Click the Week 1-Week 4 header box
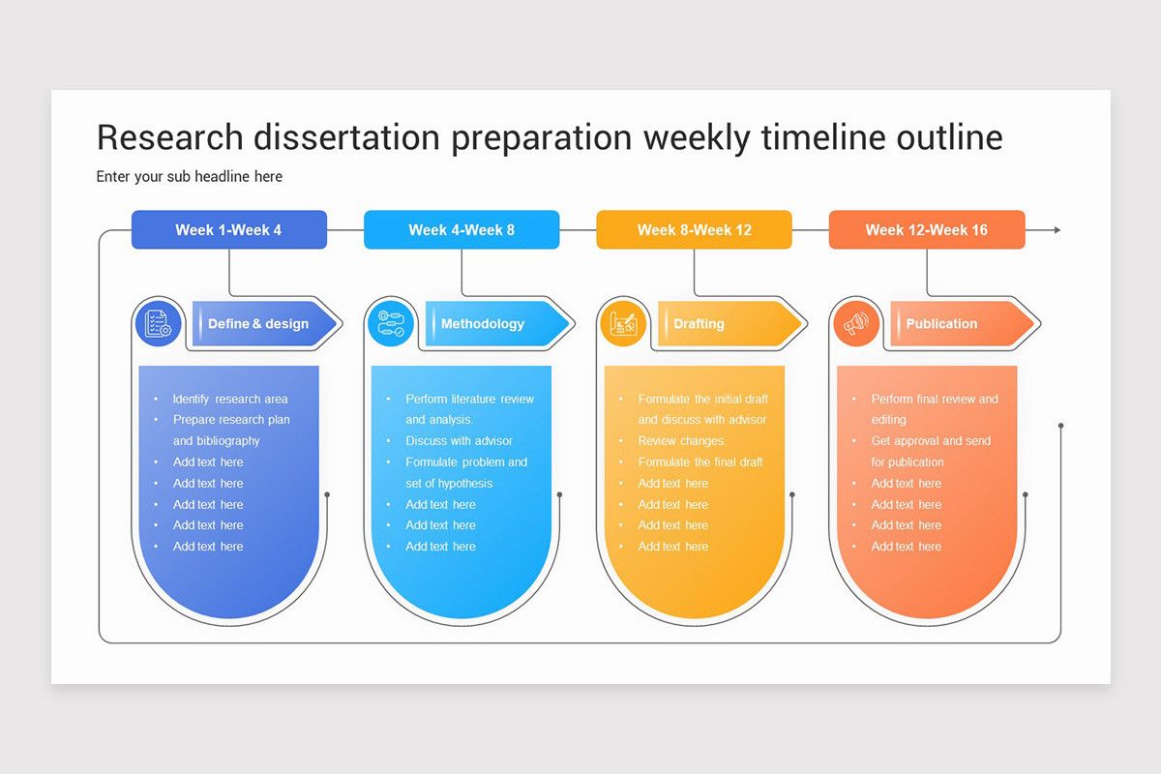click(x=229, y=230)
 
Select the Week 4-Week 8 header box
click(x=461, y=230)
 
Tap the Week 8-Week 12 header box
click(x=694, y=230)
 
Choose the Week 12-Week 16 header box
click(x=926, y=230)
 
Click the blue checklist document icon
click(x=158, y=323)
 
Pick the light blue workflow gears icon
click(x=390, y=323)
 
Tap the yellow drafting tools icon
click(x=623, y=323)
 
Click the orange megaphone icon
click(x=856, y=323)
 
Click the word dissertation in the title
click(x=347, y=137)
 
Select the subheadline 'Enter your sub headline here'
click(x=190, y=176)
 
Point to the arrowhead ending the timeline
click(x=1057, y=230)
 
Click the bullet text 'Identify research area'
click(x=230, y=399)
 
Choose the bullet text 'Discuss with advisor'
click(x=459, y=441)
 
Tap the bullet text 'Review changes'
click(x=681, y=441)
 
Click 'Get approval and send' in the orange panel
click(x=931, y=441)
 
